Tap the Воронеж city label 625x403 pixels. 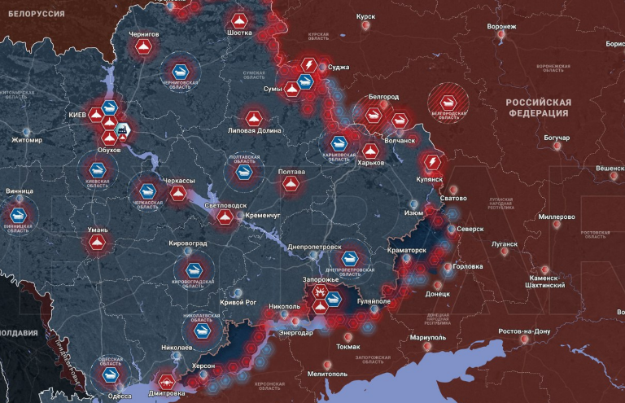click(501, 26)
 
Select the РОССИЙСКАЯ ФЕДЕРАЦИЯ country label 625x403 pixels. click(538, 107)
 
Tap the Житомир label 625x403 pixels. click(26, 140)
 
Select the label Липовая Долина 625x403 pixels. click(256, 130)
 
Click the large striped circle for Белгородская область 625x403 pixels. click(449, 103)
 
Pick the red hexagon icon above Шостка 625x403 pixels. click(238, 20)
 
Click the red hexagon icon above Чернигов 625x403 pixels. click(143, 51)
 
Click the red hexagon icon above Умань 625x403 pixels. click(98, 243)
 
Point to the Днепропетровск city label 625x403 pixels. click(314, 246)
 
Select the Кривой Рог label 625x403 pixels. click(238, 302)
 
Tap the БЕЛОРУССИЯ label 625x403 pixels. click(37, 13)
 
